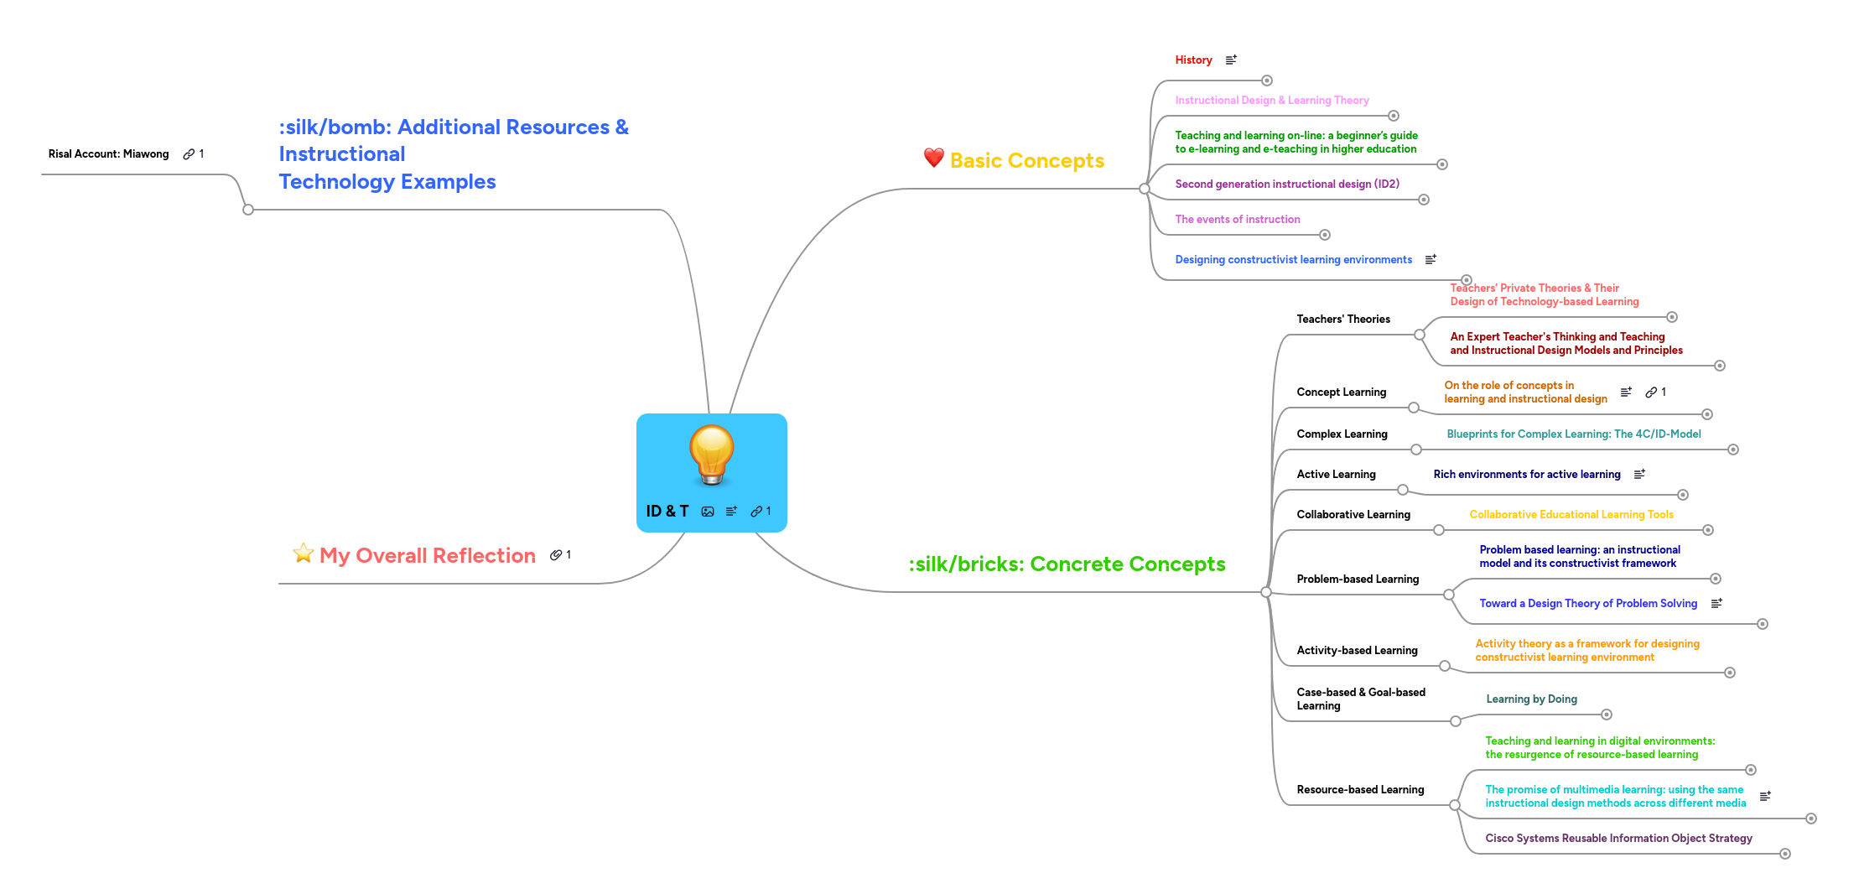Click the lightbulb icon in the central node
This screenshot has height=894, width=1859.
coord(711,454)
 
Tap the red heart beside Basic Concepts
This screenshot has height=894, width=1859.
coord(933,158)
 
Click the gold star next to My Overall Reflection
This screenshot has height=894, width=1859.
coord(303,554)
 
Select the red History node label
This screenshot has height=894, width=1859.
coord(1193,60)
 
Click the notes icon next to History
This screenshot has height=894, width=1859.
coord(1231,60)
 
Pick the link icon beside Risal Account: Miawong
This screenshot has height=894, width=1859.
coord(189,154)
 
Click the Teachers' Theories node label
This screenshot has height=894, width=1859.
coord(1342,320)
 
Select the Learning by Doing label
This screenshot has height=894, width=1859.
coord(1531,699)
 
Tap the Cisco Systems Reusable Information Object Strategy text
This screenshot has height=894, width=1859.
coord(1618,839)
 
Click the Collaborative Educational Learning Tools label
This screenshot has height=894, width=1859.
coord(1571,515)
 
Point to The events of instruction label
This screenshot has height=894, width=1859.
coord(1237,220)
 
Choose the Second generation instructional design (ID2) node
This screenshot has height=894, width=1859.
coord(1286,185)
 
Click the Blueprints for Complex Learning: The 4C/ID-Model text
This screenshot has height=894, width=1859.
coord(1573,434)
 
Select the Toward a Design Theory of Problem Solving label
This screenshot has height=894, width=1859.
coord(1587,604)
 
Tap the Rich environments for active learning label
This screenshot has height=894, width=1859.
coord(1526,475)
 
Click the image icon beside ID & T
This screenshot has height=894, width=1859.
coord(708,512)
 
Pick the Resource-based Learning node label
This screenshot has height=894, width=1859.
coord(1359,790)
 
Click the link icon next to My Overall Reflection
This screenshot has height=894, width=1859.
coord(555,555)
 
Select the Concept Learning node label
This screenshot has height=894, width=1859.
coord(1341,392)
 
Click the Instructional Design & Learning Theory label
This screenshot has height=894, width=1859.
coord(1271,101)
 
